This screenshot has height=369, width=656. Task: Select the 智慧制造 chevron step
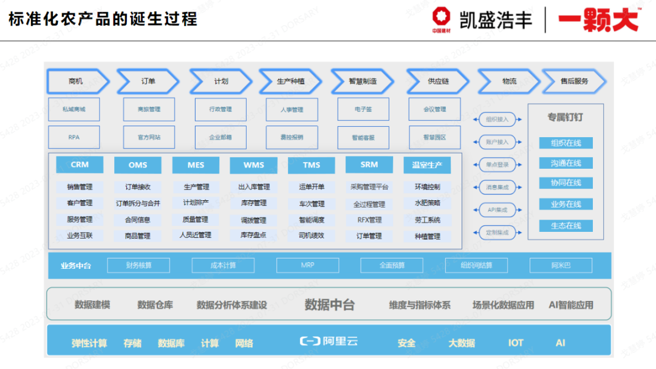363,81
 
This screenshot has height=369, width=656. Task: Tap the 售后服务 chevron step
574,81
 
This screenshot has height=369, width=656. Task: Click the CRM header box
80,164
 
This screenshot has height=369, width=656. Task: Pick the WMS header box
253,165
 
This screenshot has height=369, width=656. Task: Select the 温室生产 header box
427,165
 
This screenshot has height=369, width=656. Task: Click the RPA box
73,137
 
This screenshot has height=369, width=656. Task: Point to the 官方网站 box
149,137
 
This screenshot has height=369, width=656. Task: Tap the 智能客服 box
363,138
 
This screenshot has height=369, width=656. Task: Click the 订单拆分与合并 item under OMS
138,203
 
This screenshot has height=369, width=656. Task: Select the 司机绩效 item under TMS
312,235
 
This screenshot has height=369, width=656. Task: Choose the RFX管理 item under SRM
369,220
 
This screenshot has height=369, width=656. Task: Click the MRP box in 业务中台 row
307,265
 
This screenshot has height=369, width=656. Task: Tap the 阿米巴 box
561,265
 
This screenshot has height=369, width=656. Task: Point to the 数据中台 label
329,305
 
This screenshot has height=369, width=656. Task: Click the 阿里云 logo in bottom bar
329,342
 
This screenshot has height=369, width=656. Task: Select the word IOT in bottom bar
516,343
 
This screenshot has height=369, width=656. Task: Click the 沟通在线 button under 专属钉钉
565,163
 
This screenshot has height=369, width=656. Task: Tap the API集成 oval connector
497,210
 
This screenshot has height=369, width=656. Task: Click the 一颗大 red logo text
598,20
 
